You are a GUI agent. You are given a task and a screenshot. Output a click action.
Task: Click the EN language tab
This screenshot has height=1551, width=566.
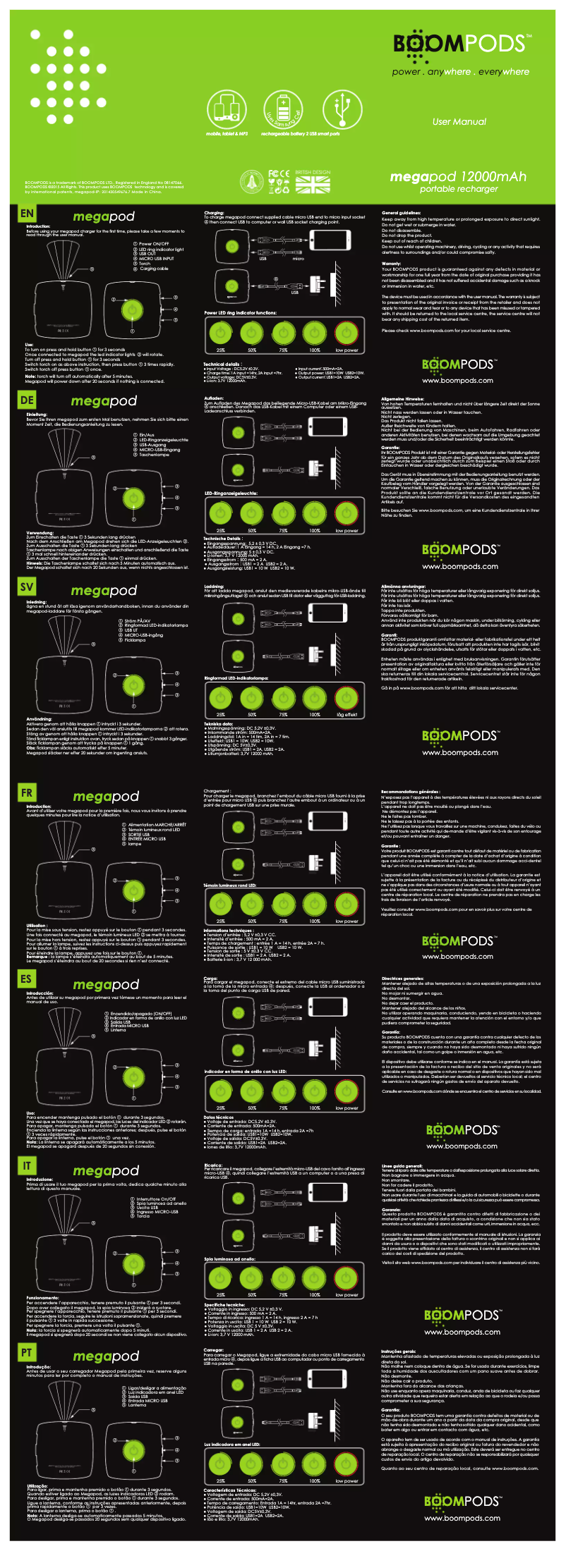pos(27,214)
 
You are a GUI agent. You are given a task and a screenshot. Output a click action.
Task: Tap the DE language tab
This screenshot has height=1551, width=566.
pos(27,400)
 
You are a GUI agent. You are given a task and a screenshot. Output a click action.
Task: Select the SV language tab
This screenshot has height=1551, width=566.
pos(27,586)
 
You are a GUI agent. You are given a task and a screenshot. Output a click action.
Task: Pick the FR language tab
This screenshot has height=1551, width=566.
pos(27,792)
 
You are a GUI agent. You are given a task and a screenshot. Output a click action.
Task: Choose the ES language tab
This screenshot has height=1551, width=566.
pos(27,979)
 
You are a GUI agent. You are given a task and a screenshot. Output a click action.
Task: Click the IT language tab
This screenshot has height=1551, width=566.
pos(27,1165)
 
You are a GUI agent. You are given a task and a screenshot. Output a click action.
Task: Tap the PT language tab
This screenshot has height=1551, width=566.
pos(27,1351)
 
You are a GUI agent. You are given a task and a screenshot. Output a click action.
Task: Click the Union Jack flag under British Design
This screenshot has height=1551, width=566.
pos(313,184)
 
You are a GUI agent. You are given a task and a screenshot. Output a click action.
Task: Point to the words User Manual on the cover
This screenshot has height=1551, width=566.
pos(459,122)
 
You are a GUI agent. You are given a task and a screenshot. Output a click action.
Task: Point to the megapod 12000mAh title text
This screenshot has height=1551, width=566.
pos(458,176)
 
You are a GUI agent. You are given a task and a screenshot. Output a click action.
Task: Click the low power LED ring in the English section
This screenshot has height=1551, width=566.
pos(347,332)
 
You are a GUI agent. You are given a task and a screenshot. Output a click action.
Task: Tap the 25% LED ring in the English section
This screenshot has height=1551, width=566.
pos(221,332)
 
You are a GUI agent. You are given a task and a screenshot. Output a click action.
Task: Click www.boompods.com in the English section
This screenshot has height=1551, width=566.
pos(457,381)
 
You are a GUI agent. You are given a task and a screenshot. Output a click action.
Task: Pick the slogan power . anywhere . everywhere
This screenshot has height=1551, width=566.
pos(460,72)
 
